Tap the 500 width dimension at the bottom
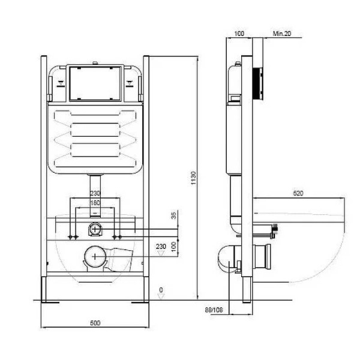click(95, 323)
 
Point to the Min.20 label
click(282, 35)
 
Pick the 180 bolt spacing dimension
click(95, 203)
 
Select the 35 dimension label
click(174, 216)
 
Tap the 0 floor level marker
click(160, 290)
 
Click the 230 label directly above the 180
click(95, 193)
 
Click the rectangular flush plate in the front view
click(95, 83)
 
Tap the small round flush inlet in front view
click(95, 229)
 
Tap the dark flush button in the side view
click(259, 82)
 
